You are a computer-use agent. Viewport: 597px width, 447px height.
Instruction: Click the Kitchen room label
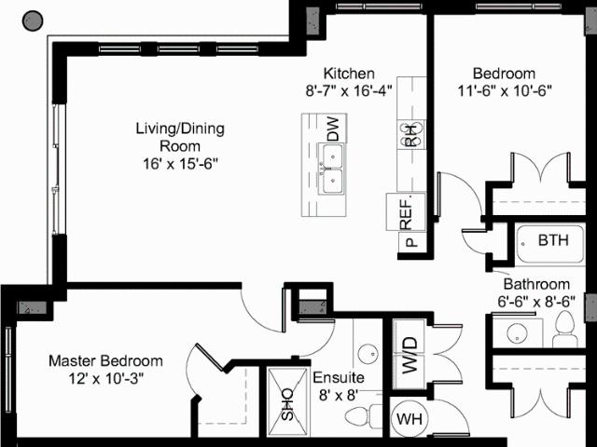click(x=349, y=73)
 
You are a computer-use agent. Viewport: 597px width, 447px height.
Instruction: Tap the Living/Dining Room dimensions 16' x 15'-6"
click(x=180, y=164)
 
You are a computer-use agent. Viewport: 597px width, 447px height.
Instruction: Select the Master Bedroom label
click(x=105, y=360)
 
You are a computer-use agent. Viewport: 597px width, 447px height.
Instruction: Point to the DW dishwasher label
click(x=333, y=129)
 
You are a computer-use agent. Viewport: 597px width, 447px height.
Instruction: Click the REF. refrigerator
click(x=406, y=211)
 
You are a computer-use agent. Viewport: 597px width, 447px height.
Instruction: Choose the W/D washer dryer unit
click(x=410, y=354)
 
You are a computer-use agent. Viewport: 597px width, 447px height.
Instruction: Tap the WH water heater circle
click(x=410, y=419)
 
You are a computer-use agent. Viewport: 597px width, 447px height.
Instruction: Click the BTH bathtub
click(x=550, y=244)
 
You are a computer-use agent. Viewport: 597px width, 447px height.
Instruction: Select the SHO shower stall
click(x=287, y=401)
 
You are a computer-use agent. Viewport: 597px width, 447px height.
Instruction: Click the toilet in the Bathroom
click(x=564, y=329)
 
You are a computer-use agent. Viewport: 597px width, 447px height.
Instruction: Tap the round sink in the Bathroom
click(x=518, y=333)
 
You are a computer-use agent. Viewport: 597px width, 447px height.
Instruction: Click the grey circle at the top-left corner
click(x=33, y=20)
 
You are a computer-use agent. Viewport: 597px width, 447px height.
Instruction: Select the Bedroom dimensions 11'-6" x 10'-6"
click(x=505, y=91)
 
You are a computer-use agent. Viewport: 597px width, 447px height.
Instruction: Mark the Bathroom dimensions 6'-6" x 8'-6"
click(x=536, y=302)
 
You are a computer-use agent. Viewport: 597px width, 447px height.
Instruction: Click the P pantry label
click(x=410, y=242)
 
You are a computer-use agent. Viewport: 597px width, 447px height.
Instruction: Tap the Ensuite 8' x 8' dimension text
click(x=339, y=395)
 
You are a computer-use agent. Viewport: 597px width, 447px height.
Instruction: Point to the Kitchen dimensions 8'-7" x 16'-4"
click(x=349, y=91)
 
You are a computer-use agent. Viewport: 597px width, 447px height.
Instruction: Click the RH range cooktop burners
click(x=410, y=135)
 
